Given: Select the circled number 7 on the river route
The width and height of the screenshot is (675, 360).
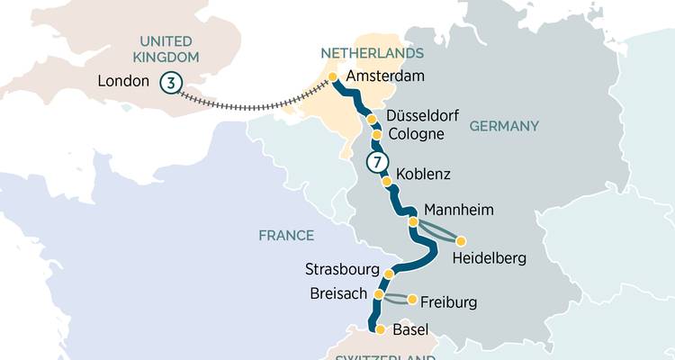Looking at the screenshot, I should tap(376, 163).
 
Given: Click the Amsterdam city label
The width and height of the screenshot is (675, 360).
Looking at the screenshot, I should tap(384, 77).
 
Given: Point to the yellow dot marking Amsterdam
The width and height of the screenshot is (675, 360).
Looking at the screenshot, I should tap(333, 77).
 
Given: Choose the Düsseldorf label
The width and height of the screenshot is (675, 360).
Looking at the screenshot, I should tap(422, 117).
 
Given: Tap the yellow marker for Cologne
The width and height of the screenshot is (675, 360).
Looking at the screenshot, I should tap(377, 135).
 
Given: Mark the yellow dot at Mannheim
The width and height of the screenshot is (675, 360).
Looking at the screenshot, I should tap(413, 221).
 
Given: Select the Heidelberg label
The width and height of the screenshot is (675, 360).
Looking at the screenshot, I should tap(490, 259).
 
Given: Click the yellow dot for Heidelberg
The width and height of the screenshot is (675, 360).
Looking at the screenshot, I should tap(462, 241).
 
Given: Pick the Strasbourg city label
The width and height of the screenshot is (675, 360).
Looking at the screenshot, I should tap(342, 269).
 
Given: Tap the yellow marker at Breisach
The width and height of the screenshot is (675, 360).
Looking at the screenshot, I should tap(379, 294).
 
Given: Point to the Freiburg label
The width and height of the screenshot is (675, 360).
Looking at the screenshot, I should tap(447, 301).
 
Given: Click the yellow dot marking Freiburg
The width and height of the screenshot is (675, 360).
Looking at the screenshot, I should tap(412, 300).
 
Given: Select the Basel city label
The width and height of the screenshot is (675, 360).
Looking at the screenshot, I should tap(411, 330).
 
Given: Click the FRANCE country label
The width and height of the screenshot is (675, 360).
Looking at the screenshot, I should tap(286, 236).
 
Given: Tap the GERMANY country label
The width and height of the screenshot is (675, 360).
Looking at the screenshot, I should tap(503, 125).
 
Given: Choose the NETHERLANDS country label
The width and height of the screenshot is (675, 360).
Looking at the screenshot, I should tap(359, 54).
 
